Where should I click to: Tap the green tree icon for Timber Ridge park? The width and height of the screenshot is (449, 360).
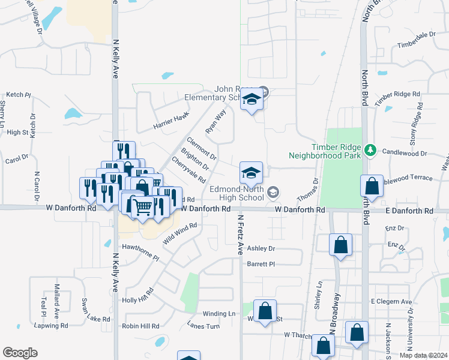tap(371, 148)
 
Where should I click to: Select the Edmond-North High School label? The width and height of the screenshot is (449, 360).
tap(237, 193)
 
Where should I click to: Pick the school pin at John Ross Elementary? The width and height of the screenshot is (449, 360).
tap(252, 100)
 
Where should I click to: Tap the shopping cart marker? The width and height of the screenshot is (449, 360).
tap(143, 207)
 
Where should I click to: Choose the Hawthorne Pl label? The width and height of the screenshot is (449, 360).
tap(140, 252)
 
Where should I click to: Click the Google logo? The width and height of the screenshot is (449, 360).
tap(20, 353)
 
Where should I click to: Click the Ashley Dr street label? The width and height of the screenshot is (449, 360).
tap(261, 248)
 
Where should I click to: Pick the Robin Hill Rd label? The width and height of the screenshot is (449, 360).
tap(140, 326)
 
